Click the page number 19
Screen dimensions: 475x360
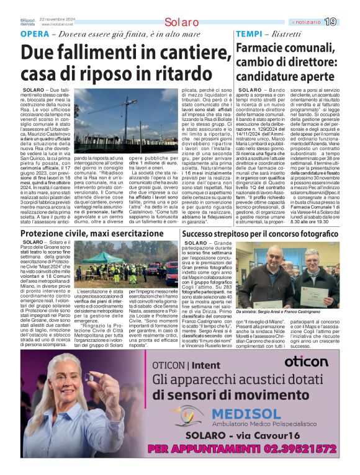pos(348,22)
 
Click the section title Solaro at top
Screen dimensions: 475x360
pos(181,22)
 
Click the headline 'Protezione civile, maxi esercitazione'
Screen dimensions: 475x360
pos(92,233)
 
